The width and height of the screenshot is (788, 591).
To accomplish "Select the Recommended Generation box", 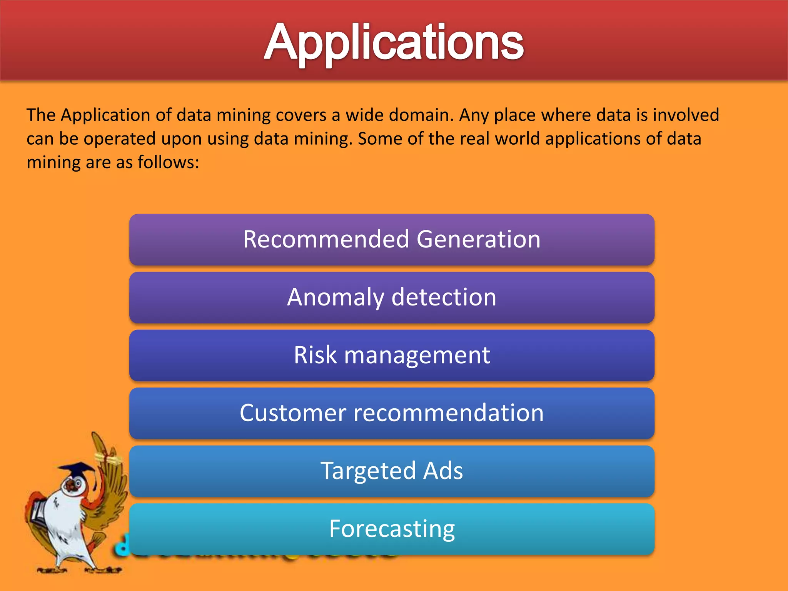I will [392, 239].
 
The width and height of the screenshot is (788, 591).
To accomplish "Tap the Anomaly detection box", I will [392, 297].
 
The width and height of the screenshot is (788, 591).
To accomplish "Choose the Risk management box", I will [392, 355].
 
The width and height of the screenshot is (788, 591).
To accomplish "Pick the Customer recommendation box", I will [392, 413].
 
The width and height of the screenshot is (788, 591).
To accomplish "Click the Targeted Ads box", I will [392, 471].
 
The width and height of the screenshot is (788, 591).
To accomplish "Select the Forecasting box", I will [392, 529].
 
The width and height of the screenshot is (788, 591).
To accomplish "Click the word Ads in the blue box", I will [443, 471].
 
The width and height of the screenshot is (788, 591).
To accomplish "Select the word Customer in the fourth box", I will [293, 413].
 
